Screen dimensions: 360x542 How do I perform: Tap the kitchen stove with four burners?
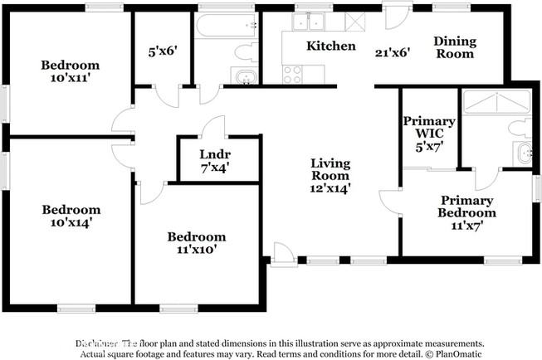click(x=292, y=75)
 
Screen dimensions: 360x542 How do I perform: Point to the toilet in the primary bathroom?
click(x=520, y=127)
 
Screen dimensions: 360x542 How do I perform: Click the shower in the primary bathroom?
click(x=496, y=102)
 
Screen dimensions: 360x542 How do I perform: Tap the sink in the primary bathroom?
click(x=523, y=153)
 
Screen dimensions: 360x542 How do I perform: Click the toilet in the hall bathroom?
click(x=247, y=52)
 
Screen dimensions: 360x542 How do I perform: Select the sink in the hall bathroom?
click(x=246, y=78)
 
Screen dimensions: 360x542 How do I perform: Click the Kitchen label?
click(x=331, y=46)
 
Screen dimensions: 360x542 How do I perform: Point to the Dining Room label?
click(x=456, y=46)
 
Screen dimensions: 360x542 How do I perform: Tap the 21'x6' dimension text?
click(x=393, y=51)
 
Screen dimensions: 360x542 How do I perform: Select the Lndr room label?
click(x=214, y=154)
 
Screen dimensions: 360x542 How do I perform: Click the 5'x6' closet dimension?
click(x=162, y=49)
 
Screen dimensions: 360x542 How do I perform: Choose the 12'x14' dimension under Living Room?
click(x=330, y=188)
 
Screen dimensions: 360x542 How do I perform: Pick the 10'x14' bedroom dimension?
click(x=71, y=222)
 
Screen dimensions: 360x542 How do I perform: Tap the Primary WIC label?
click(x=429, y=128)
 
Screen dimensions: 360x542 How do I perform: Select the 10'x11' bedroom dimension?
click(x=71, y=78)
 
